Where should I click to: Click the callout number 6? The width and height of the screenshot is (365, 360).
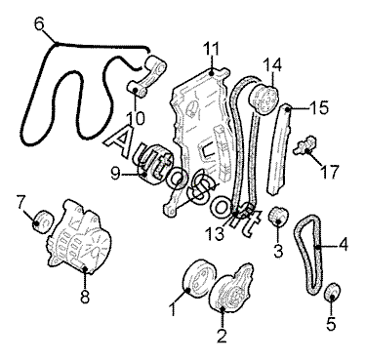pos(39,24)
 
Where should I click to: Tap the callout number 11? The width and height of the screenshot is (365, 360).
pos(211,49)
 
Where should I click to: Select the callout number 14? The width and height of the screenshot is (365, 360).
pos(272,65)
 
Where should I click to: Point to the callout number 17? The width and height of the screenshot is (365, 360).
pos(330,172)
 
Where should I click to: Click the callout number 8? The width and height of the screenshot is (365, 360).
pos(85,297)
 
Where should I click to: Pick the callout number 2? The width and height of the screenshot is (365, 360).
pos(222,336)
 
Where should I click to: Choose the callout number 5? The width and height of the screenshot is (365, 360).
pos(331,324)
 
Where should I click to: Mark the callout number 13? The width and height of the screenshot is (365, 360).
pos(215,233)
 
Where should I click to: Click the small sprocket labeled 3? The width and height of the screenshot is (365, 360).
pos(278,217)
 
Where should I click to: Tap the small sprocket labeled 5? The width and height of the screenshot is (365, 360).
pos(333,293)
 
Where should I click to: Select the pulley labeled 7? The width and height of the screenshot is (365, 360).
pos(43,221)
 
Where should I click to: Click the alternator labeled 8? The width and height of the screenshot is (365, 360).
pos(79,238)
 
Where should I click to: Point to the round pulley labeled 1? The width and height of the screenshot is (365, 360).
pos(198,278)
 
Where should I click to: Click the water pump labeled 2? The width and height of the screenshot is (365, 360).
pos(231,287)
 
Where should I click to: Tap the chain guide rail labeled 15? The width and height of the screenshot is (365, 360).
pos(279,149)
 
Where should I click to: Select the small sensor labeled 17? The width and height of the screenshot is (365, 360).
pos(305,144)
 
